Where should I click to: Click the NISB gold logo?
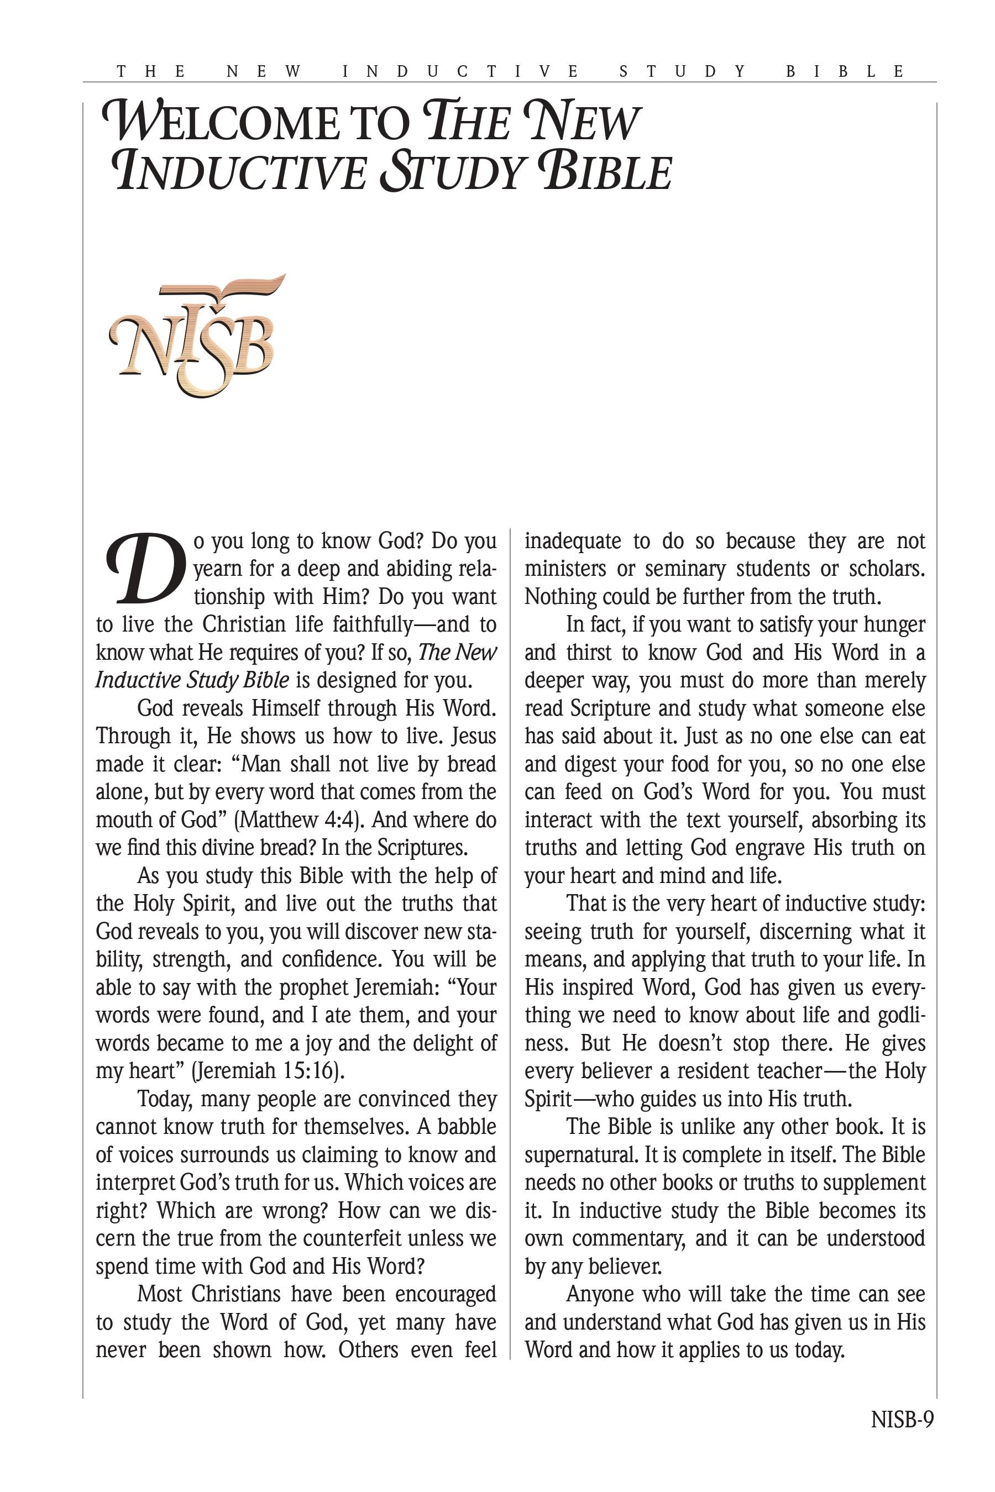coord(193,335)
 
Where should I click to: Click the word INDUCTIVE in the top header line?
coord(460,72)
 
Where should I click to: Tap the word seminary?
coord(685,569)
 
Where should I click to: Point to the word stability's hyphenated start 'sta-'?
coord(481,931)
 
